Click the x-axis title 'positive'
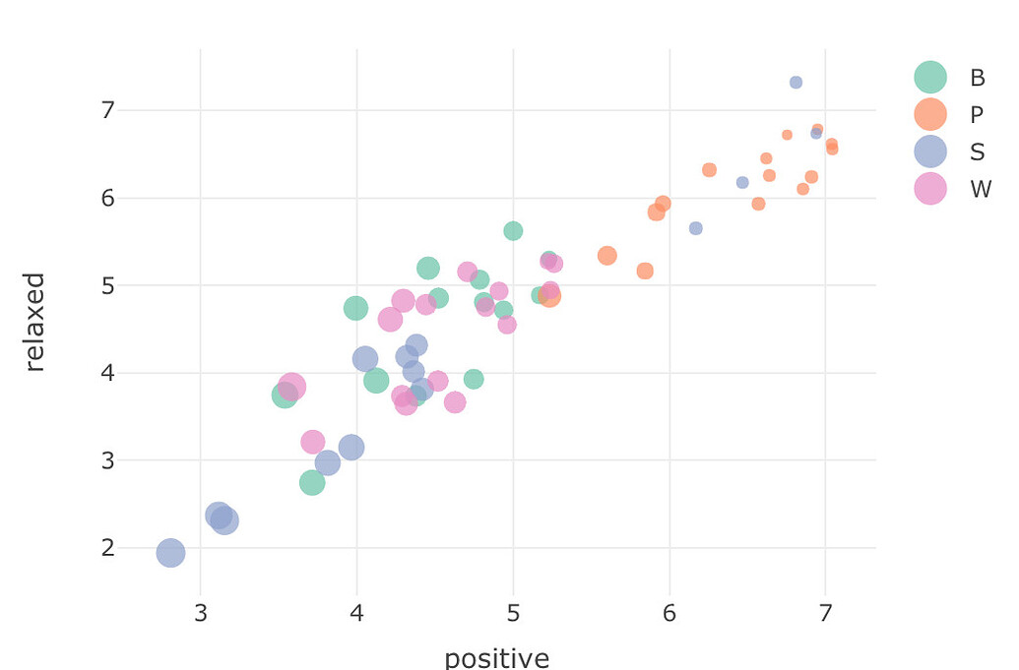click(496, 657)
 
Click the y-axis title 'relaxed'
click(35, 322)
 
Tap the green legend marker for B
click(929, 78)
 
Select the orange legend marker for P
click(929, 114)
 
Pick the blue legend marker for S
click(929, 152)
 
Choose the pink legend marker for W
click(929, 189)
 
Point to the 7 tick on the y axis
click(107, 110)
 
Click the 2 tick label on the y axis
click(107, 548)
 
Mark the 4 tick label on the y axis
click(107, 373)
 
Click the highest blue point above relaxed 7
click(796, 83)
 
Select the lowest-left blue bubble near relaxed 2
click(170, 553)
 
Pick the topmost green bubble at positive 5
click(513, 231)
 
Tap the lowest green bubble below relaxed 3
click(312, 483)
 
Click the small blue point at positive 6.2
click(696, 228)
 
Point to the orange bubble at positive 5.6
click(606, 256)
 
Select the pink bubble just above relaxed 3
click(312, 442)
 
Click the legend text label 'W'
click(980, 190)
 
